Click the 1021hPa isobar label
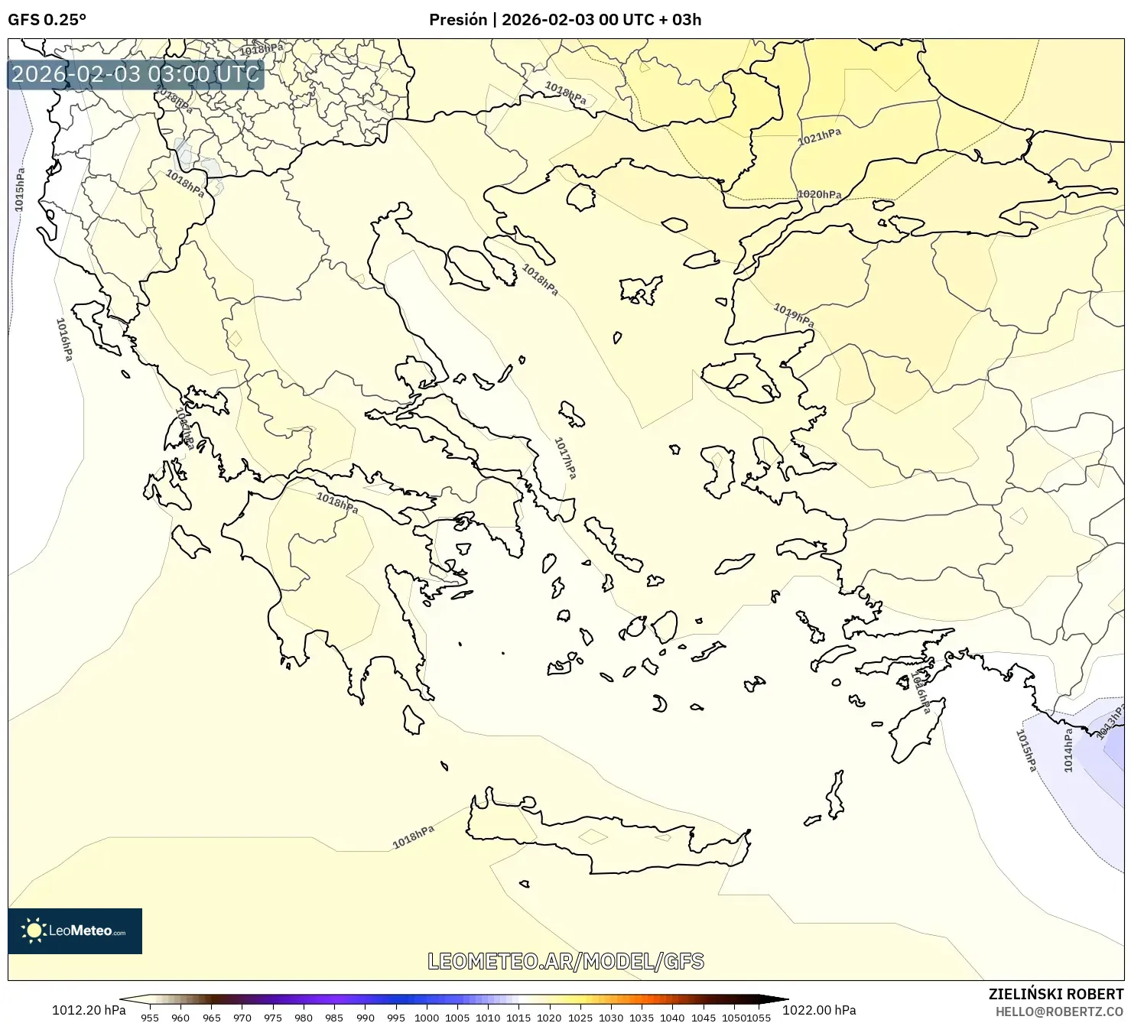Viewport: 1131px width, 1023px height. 819,137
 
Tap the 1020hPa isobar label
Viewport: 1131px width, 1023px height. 819,194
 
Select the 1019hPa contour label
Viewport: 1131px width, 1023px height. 794,315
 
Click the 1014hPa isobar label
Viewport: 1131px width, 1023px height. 1068,750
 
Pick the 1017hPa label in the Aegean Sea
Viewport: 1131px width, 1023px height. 565,458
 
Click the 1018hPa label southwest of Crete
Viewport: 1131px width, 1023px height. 413,837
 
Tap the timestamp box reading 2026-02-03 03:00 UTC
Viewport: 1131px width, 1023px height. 135,74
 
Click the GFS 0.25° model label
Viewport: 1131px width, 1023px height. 47,20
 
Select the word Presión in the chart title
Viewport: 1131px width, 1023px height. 457,20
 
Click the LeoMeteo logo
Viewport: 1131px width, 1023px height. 75,930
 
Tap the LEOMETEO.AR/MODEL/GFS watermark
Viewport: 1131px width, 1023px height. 565,961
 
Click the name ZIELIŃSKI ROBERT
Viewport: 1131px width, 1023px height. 1056,994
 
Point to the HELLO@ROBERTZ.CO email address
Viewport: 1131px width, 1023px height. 1059,1011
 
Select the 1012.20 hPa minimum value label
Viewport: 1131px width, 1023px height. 89,1010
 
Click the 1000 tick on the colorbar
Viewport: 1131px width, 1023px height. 426,1017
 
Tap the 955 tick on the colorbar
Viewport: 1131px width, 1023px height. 150,1017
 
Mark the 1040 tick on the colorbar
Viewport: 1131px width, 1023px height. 671,1017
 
